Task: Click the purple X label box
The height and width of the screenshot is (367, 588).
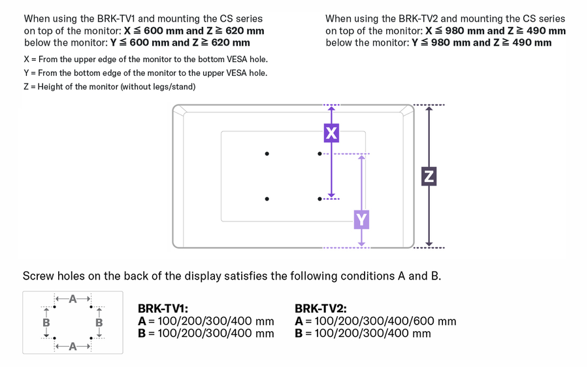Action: pyautogui.click(x=331, y=133)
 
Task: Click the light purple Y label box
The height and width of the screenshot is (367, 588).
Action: pyautogui.click(x=361, y=219)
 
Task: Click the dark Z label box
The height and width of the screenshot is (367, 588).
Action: pyautogui.click(x=429, y=176)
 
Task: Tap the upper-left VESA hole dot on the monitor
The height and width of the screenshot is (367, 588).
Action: pyautogui.click(x=267, y=154)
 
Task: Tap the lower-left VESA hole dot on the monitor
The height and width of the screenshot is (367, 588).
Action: pyautogui.click(x=267, y=199)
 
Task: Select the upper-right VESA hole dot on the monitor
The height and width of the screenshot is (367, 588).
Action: pyautogui.click(x=319, y=154)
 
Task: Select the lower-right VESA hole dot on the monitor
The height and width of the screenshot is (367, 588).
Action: pyautogui.click(x=319, y=199)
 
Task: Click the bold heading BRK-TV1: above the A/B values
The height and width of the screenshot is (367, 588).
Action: pyautogui.click(x=163, y=308)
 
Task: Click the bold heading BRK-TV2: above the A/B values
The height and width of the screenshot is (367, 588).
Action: pyautogui.click(x=320, y=308)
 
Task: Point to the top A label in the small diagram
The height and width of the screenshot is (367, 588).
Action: pyautogui.click(x=73, y=299)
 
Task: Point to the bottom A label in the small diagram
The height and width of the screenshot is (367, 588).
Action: pyautogui.click(x=73, y=346)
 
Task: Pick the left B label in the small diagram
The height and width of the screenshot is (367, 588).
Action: pyautogui.click(x=46, y=323)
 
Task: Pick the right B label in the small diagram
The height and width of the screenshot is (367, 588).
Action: pyautogui.click(x=99, y=323)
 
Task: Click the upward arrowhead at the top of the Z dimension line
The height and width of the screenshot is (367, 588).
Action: pyautogui.click(x=429, y=109)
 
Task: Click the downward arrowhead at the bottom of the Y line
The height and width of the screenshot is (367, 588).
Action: pyautogui.click(x=361, y=244)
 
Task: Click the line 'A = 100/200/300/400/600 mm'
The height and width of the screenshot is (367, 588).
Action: pyautogui.click(x=375, y=321)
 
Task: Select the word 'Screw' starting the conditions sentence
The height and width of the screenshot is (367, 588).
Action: pyautogui.click(x=39, y=276)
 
